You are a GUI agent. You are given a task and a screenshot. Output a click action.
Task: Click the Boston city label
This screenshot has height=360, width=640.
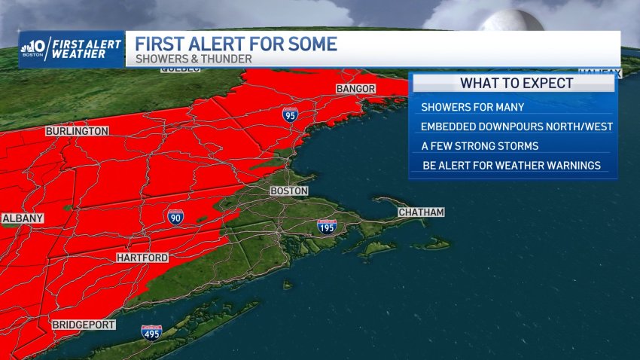pyautogui.click(x=289, y=191)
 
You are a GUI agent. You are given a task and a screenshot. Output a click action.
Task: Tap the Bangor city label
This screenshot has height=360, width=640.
pyautogui.click(x=356, y=89)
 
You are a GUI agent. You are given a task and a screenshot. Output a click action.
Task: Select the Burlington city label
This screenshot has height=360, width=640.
pyautogui.click(x=78, y=131)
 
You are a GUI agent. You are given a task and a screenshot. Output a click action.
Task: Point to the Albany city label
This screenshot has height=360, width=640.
pyautogui.click(x=23, y=218)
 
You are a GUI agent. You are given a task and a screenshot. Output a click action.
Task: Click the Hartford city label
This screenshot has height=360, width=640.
pyautogui.click(x=142, y=258)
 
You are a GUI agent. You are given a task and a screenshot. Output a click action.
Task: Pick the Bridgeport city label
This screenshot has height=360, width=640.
pyautogui.click(x=84, y=325)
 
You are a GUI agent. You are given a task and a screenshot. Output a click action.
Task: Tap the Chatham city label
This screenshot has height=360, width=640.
pyautogui.click(x=421, y=212)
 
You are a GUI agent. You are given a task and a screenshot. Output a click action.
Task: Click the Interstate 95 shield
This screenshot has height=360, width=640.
pyautogui.click(x=291, y=114)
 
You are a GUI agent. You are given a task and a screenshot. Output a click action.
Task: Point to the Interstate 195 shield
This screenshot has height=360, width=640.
pyautogui.click(x=325, y=227)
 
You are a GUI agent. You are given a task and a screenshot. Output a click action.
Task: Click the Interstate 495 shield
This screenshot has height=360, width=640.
pyautogui.click(x=151, y=331)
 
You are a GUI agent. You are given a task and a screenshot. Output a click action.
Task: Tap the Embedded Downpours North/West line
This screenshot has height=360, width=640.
pyautogui.click(x=516, y=127)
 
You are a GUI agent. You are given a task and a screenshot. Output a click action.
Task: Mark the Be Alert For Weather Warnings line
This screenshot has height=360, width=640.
pyautogui.click(x=511, y=165)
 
